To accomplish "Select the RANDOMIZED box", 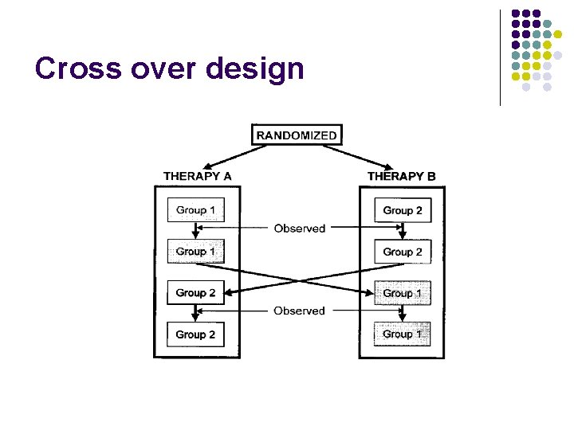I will tap(296, 135).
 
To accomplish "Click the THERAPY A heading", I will tap(197, 176).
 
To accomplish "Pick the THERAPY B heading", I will tap(401, 176).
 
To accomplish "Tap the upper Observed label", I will tap(299, 229).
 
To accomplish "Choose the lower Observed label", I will tap(299, 311).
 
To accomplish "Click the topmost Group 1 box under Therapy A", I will tap(195, 210).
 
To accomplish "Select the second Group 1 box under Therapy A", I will tap(195, 252).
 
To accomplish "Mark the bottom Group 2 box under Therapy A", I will tap(195, 334).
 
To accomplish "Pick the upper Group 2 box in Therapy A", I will tap(195, 293).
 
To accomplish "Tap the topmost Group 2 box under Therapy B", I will tap(403, 210).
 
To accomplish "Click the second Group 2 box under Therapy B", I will tap(403, 252).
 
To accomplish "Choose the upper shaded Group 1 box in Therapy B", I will tap(403, 293).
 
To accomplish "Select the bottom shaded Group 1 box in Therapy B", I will tap(403, 334).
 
